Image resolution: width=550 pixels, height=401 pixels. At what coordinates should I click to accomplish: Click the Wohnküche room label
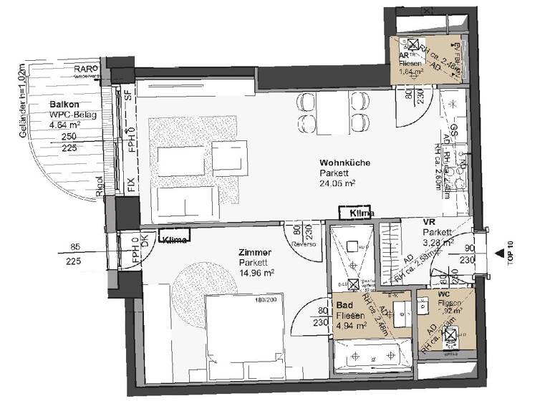(x=344, y=163)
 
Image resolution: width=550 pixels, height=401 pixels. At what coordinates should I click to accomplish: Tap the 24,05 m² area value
(x=338, y=183)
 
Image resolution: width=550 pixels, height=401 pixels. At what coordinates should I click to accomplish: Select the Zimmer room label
(x=256, y=252)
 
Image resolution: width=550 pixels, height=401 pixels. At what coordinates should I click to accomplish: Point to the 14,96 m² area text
(x=256, y=273)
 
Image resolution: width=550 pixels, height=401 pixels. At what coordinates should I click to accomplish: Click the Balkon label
(x=64, y=104)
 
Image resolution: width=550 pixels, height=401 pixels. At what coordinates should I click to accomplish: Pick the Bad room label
(x=344, y=304)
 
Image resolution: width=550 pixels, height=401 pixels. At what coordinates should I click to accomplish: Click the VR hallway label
(x=429, y=222)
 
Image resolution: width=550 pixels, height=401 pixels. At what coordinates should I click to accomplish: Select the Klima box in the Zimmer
(x=175, y=240)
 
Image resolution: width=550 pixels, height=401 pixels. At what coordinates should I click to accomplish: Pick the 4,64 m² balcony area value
(x=64, y=124)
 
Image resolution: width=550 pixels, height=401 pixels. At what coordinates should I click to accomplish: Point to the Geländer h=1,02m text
(x=24, y=101)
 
